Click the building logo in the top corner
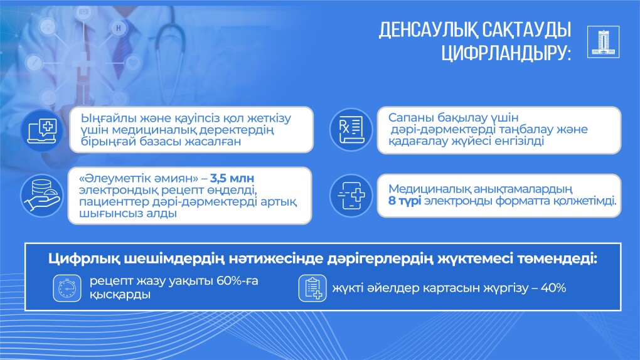[603, 41]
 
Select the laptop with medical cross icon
[41, 130]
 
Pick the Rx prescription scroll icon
[351, 129]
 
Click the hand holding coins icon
[41, 195]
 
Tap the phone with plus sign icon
[351, 195]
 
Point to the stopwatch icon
[67, 288]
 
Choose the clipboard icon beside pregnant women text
[312, 288]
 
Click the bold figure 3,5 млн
[232, 178]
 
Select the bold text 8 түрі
[405, 201]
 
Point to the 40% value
[553, 288]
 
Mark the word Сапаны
[410, 117]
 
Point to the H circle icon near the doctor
[119, 28]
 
